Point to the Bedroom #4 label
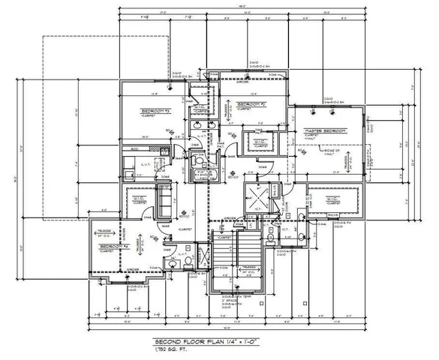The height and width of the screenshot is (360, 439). coord(113,246)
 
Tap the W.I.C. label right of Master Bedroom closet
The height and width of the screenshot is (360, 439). coord(329,199)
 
